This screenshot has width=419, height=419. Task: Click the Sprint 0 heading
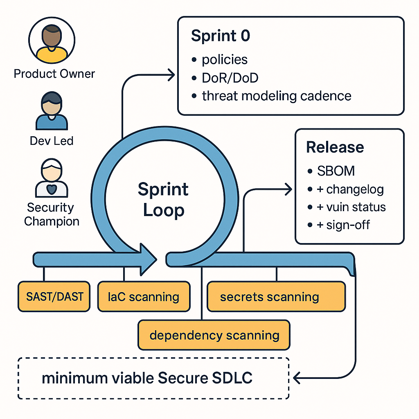[221, 36]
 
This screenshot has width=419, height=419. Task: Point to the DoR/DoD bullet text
[230, 78]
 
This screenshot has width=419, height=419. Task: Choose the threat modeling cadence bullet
[277, 96]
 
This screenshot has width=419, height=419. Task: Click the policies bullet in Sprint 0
[225, 60]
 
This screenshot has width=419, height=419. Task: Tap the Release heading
[335, 147]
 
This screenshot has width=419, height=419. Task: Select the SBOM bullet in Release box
[336, 171]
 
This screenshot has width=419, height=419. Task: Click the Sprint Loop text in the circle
[163, 200]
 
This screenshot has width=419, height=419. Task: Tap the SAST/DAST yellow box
[54, 296]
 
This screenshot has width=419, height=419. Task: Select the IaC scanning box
[144, 297]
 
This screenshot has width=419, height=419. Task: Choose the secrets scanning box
[270, 297]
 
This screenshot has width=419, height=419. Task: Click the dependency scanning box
[214, 336]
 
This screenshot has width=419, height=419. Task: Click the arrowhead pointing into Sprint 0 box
[171, 74]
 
